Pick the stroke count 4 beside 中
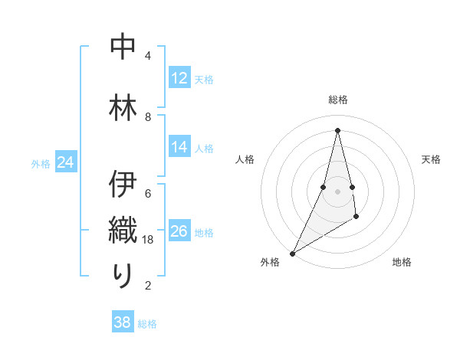148,56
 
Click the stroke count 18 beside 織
149,240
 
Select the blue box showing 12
179,78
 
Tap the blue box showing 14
179,147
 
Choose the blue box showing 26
179,231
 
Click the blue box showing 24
66,162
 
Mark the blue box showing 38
123,322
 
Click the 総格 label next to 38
147,324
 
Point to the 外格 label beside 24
41,164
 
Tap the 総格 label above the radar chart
337,100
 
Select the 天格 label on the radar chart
431,159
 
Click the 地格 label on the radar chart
402,262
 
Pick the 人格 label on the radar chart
245,159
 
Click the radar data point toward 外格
292,253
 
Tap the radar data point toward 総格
337,129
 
